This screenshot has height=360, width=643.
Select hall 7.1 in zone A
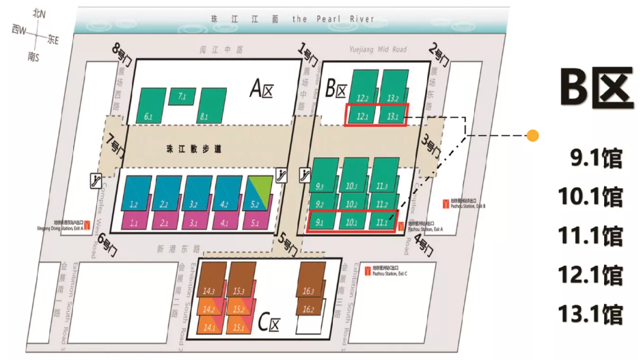pyautogui.click(x=181, y=97)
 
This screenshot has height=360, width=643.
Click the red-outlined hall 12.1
pyautogui.click(x=362, y=115)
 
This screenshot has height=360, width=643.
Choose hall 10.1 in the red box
pyautogui.click(x=351, y=221)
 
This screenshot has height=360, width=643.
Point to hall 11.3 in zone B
pyautogui.click(x=383, y=176)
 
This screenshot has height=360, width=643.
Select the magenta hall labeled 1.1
pyautogui.click(x=135, y=221)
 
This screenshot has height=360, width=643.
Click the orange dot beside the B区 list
pyautogui.click(x=532, y=135)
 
